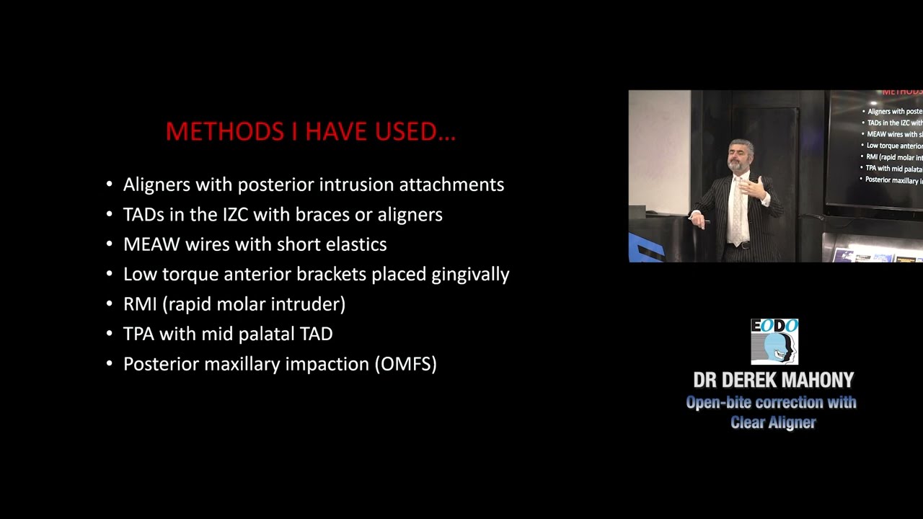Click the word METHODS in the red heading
225,132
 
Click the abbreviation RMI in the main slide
140,304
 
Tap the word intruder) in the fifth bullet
312,304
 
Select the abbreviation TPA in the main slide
138,334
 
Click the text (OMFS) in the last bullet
405,364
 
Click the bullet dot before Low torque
110,275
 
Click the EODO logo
774,342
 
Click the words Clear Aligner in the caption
772,422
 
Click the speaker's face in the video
740,156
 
